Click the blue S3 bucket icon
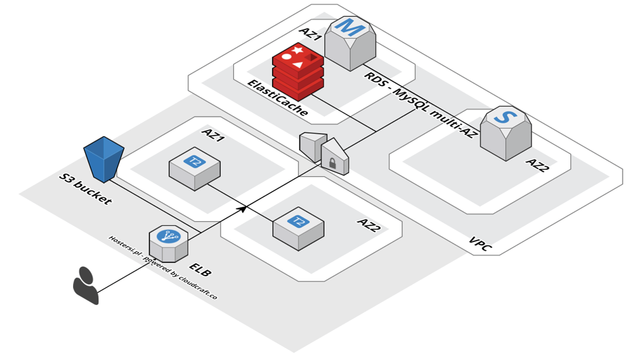(104, 158)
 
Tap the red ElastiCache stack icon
(298, 68)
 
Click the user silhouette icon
(86, 285)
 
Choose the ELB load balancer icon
(168, 243)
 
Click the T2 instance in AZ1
(194, 167)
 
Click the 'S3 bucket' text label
(85, 190)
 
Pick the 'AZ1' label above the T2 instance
(213, 135)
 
